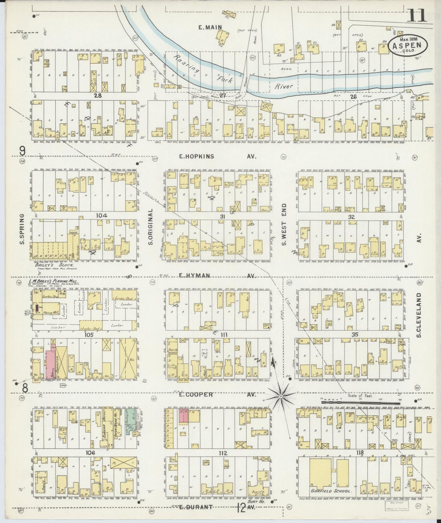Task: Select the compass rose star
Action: pos(280,396)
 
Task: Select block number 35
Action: pos(355,334)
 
